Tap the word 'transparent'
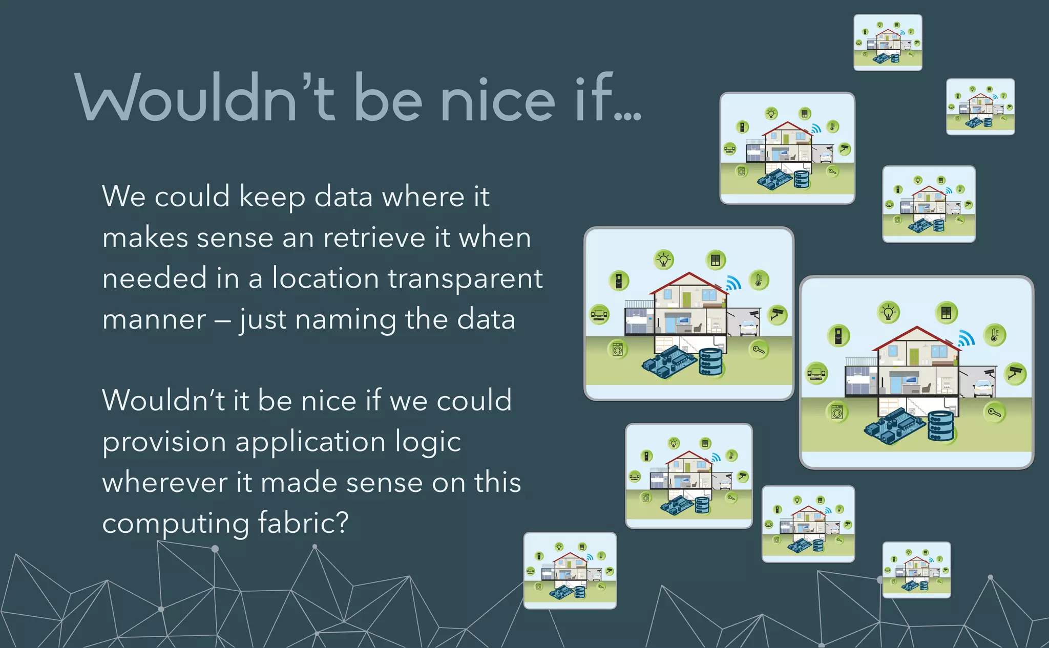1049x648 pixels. (465, 279)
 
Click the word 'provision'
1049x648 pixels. (164, 442)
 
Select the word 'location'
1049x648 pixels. (325, 279)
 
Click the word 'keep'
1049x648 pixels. (272, 198)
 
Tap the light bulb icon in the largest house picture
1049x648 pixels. (889, 312)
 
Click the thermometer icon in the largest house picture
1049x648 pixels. (994, 335)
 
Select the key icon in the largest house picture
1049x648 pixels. (994, 412)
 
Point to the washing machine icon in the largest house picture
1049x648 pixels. (837, 412)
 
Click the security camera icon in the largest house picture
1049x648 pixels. (1015, 373)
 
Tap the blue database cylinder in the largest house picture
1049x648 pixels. (941, 426)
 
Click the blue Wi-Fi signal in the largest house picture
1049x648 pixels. (966, 339)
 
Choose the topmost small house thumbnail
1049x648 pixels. (888, 42)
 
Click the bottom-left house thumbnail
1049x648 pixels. (570, 571)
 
